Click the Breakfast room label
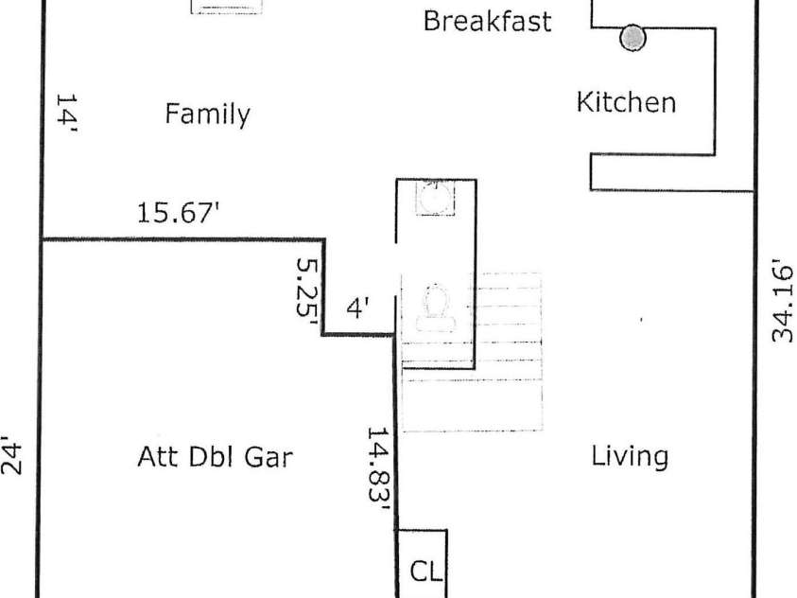[488, 22]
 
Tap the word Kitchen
[626, 102]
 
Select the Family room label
[207, 114]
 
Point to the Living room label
[630, 457]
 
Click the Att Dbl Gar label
[215, 457]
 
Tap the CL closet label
[426, 572]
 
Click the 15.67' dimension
[179, 213]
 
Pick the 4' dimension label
[357, 308]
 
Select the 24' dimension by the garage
[12, 455]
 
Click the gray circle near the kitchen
[632, 38]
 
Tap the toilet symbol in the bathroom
[436, 308]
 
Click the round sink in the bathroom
[435, 197]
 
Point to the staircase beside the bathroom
[472, 352]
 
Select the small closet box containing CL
[423, 563]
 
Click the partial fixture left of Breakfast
[227, 7]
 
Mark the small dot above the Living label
[641, 320]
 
